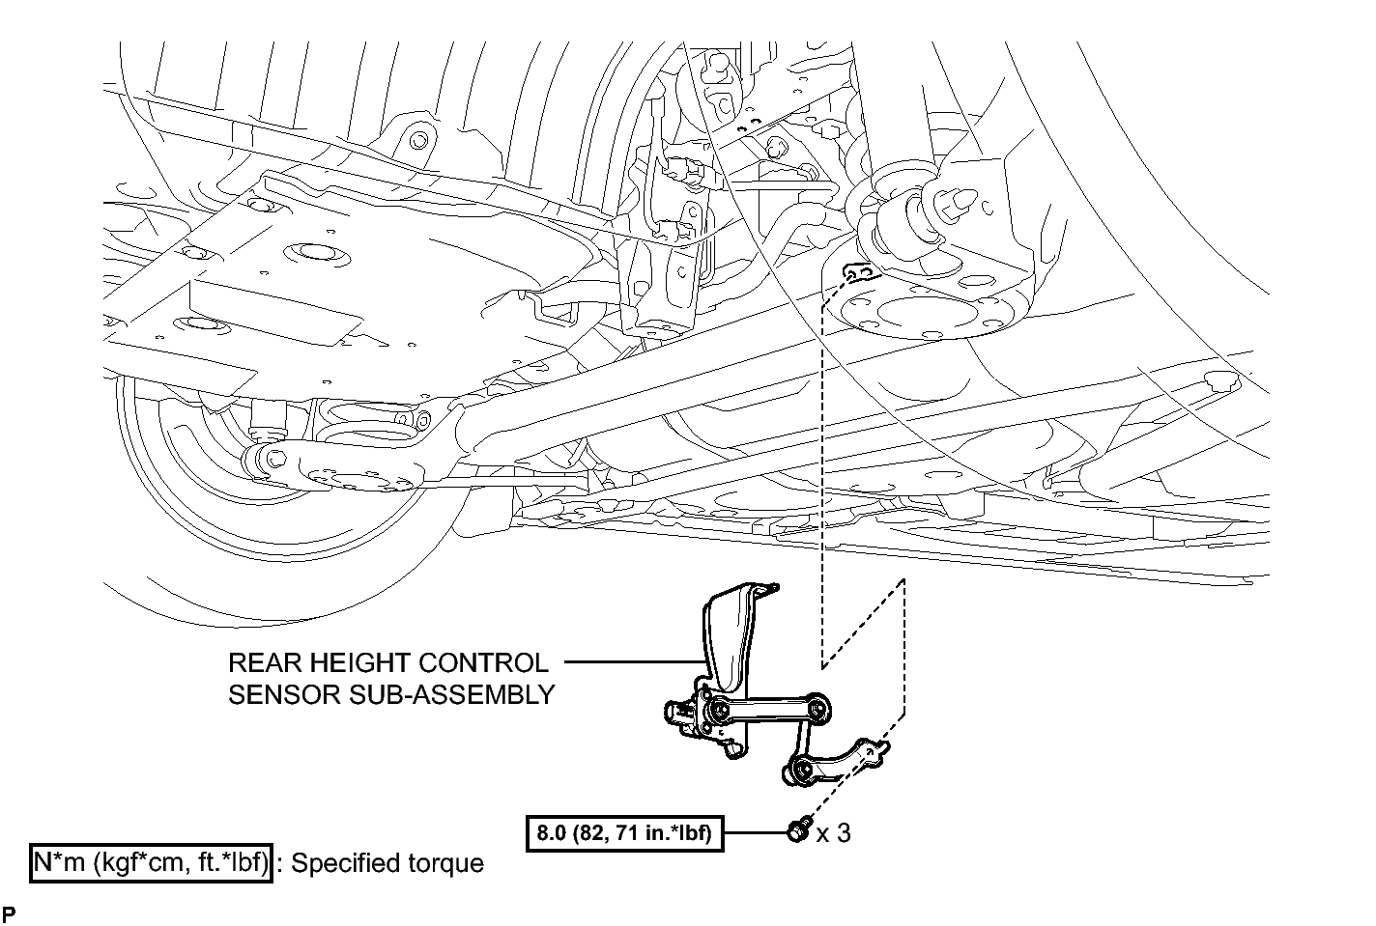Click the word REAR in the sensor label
[265, 663]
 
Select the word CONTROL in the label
[473, 663]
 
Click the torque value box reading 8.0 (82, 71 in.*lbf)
[625, 832]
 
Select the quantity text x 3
[834, 832]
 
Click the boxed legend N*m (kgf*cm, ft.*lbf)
[151, 863]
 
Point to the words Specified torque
[387, 863]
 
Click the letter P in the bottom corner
[9, 913]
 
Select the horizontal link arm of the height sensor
[768, 710]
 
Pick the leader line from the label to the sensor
[634, 662]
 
